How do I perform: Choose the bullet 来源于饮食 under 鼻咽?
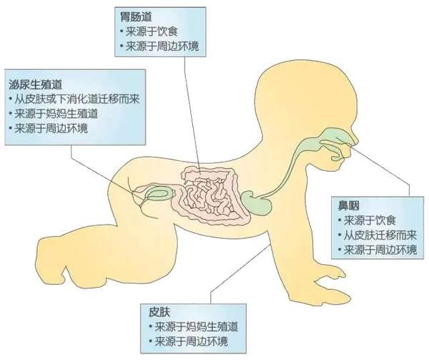tap(370, 220)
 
